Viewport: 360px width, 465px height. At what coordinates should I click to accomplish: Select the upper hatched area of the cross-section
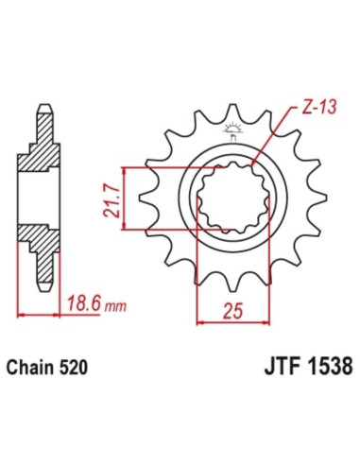pyautogui.click(x=44, y=151)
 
